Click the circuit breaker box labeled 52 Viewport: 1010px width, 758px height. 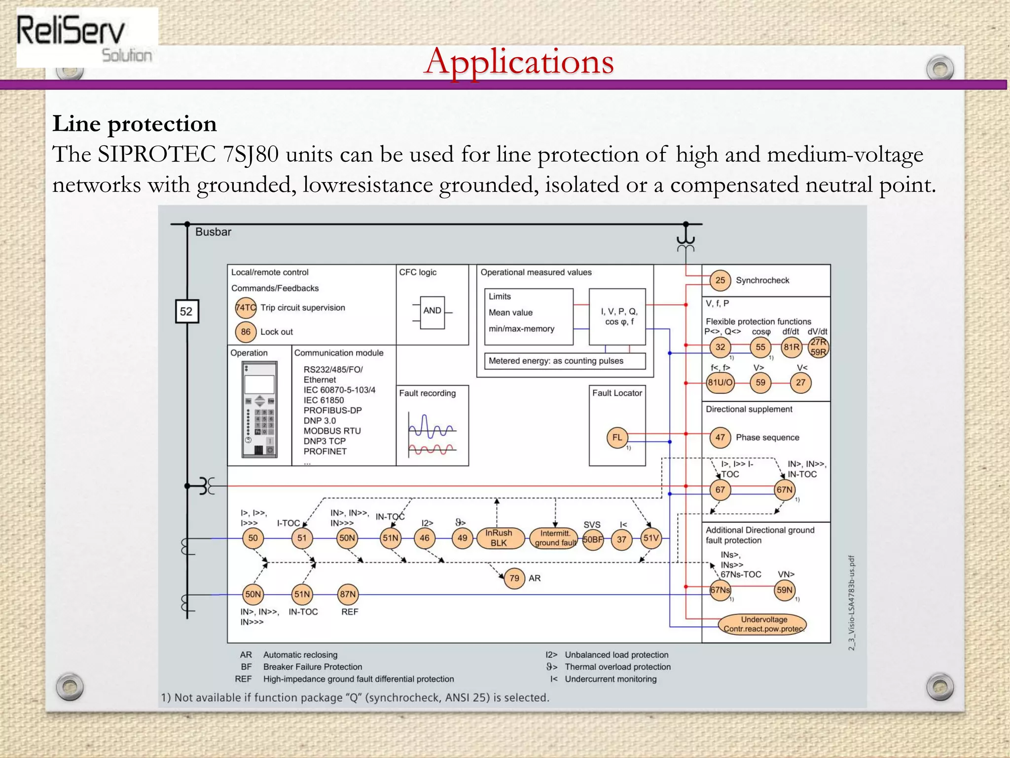(187, 311)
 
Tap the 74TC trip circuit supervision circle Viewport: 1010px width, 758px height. (246, 308)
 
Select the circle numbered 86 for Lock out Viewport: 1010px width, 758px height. (246, 332)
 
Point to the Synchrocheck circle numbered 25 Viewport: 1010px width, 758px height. (720, 280)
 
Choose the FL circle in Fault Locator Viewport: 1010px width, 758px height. (617, 437)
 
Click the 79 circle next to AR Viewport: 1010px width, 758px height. (514, 578)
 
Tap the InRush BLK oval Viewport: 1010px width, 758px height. (499, 538)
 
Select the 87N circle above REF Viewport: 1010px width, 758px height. (348, 594)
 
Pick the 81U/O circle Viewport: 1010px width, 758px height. (720, 382)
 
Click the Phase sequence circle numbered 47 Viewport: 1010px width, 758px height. (720, 437)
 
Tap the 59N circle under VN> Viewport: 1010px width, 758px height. (785, 590)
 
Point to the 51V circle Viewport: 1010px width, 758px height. (651, 538)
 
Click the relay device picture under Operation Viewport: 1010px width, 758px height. (259, 409)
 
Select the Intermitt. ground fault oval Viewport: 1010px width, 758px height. (555, 538)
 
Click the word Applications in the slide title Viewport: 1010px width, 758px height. (519, 62)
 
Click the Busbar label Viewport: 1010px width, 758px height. (213, 232)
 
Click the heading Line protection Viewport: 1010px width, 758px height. (135, 124)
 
